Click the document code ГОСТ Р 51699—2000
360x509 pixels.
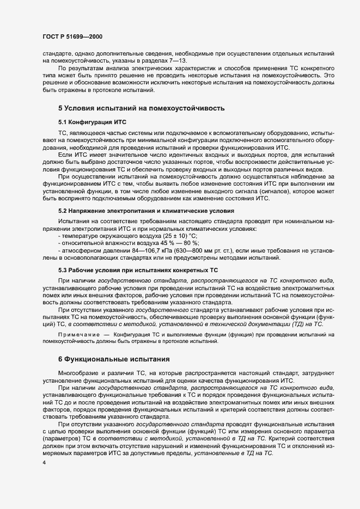(x=72, y=36)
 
